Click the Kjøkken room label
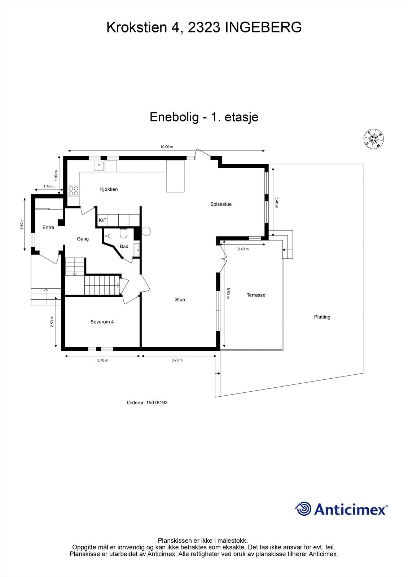click(x=109, y=189)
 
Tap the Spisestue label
click(x=221, y=204)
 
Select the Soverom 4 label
click(x=102, y=322)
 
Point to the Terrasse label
click(x=256, y=295)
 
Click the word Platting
click(x=322, y=317)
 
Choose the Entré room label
click(x=48, y=228)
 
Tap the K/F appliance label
click(x=102, y=220)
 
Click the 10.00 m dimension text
click(x=167, y=147)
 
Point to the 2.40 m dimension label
click(x=243, y=249)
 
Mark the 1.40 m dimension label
click(x=49, y=186)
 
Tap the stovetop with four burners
click(x=74, y=191)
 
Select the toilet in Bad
click(x=123, y=234)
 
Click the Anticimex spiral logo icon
click(x=303, y=509)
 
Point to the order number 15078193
click(x=157, y=402)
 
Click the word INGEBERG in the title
click(x=263, y=27)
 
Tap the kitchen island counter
click(x=175, y=177)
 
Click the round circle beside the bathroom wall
click(x=146, y=231)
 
